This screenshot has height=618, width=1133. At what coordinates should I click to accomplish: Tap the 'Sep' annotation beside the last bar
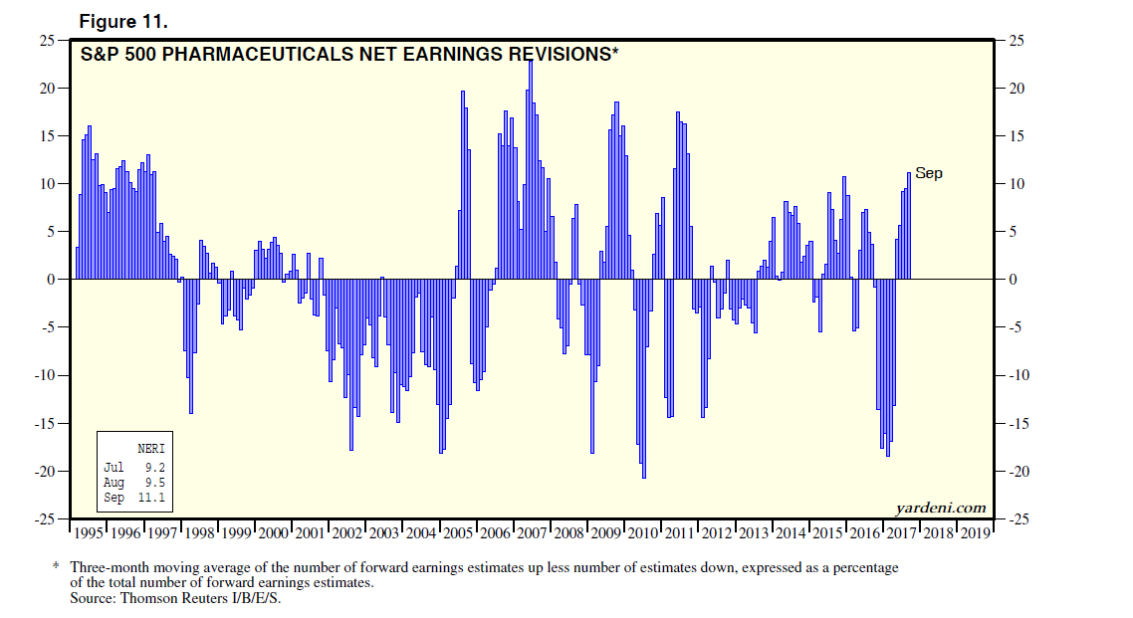[x=928, y=173]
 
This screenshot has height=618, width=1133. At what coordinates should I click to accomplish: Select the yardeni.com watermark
[x=940, y=508]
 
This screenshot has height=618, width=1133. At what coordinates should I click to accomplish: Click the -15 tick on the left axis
[x=45, y=423]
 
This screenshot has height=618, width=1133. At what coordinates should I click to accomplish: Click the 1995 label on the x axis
[x=90, y=533]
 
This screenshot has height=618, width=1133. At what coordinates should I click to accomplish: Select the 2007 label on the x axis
[x=532, y=533]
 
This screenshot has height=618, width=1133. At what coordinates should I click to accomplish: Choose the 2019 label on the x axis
[x=974, y=533]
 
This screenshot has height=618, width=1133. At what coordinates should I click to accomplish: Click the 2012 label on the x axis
[x=716, y=533]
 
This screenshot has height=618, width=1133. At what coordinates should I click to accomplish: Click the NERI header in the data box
[x=150, y=448]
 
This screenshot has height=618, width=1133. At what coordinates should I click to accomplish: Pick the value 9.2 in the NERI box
[x=153, y=466]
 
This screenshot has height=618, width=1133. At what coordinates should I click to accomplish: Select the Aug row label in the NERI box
[x=113, y=482]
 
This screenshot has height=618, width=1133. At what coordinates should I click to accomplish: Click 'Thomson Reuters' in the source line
[x=160, y=598]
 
